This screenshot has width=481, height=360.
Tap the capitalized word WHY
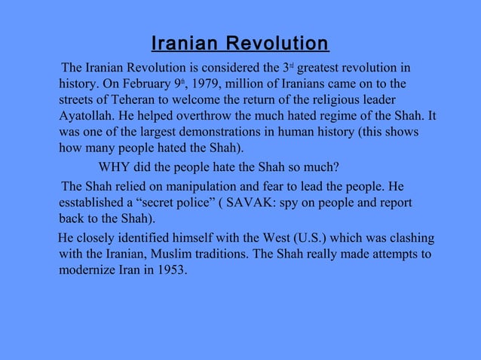tap(115, 166)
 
